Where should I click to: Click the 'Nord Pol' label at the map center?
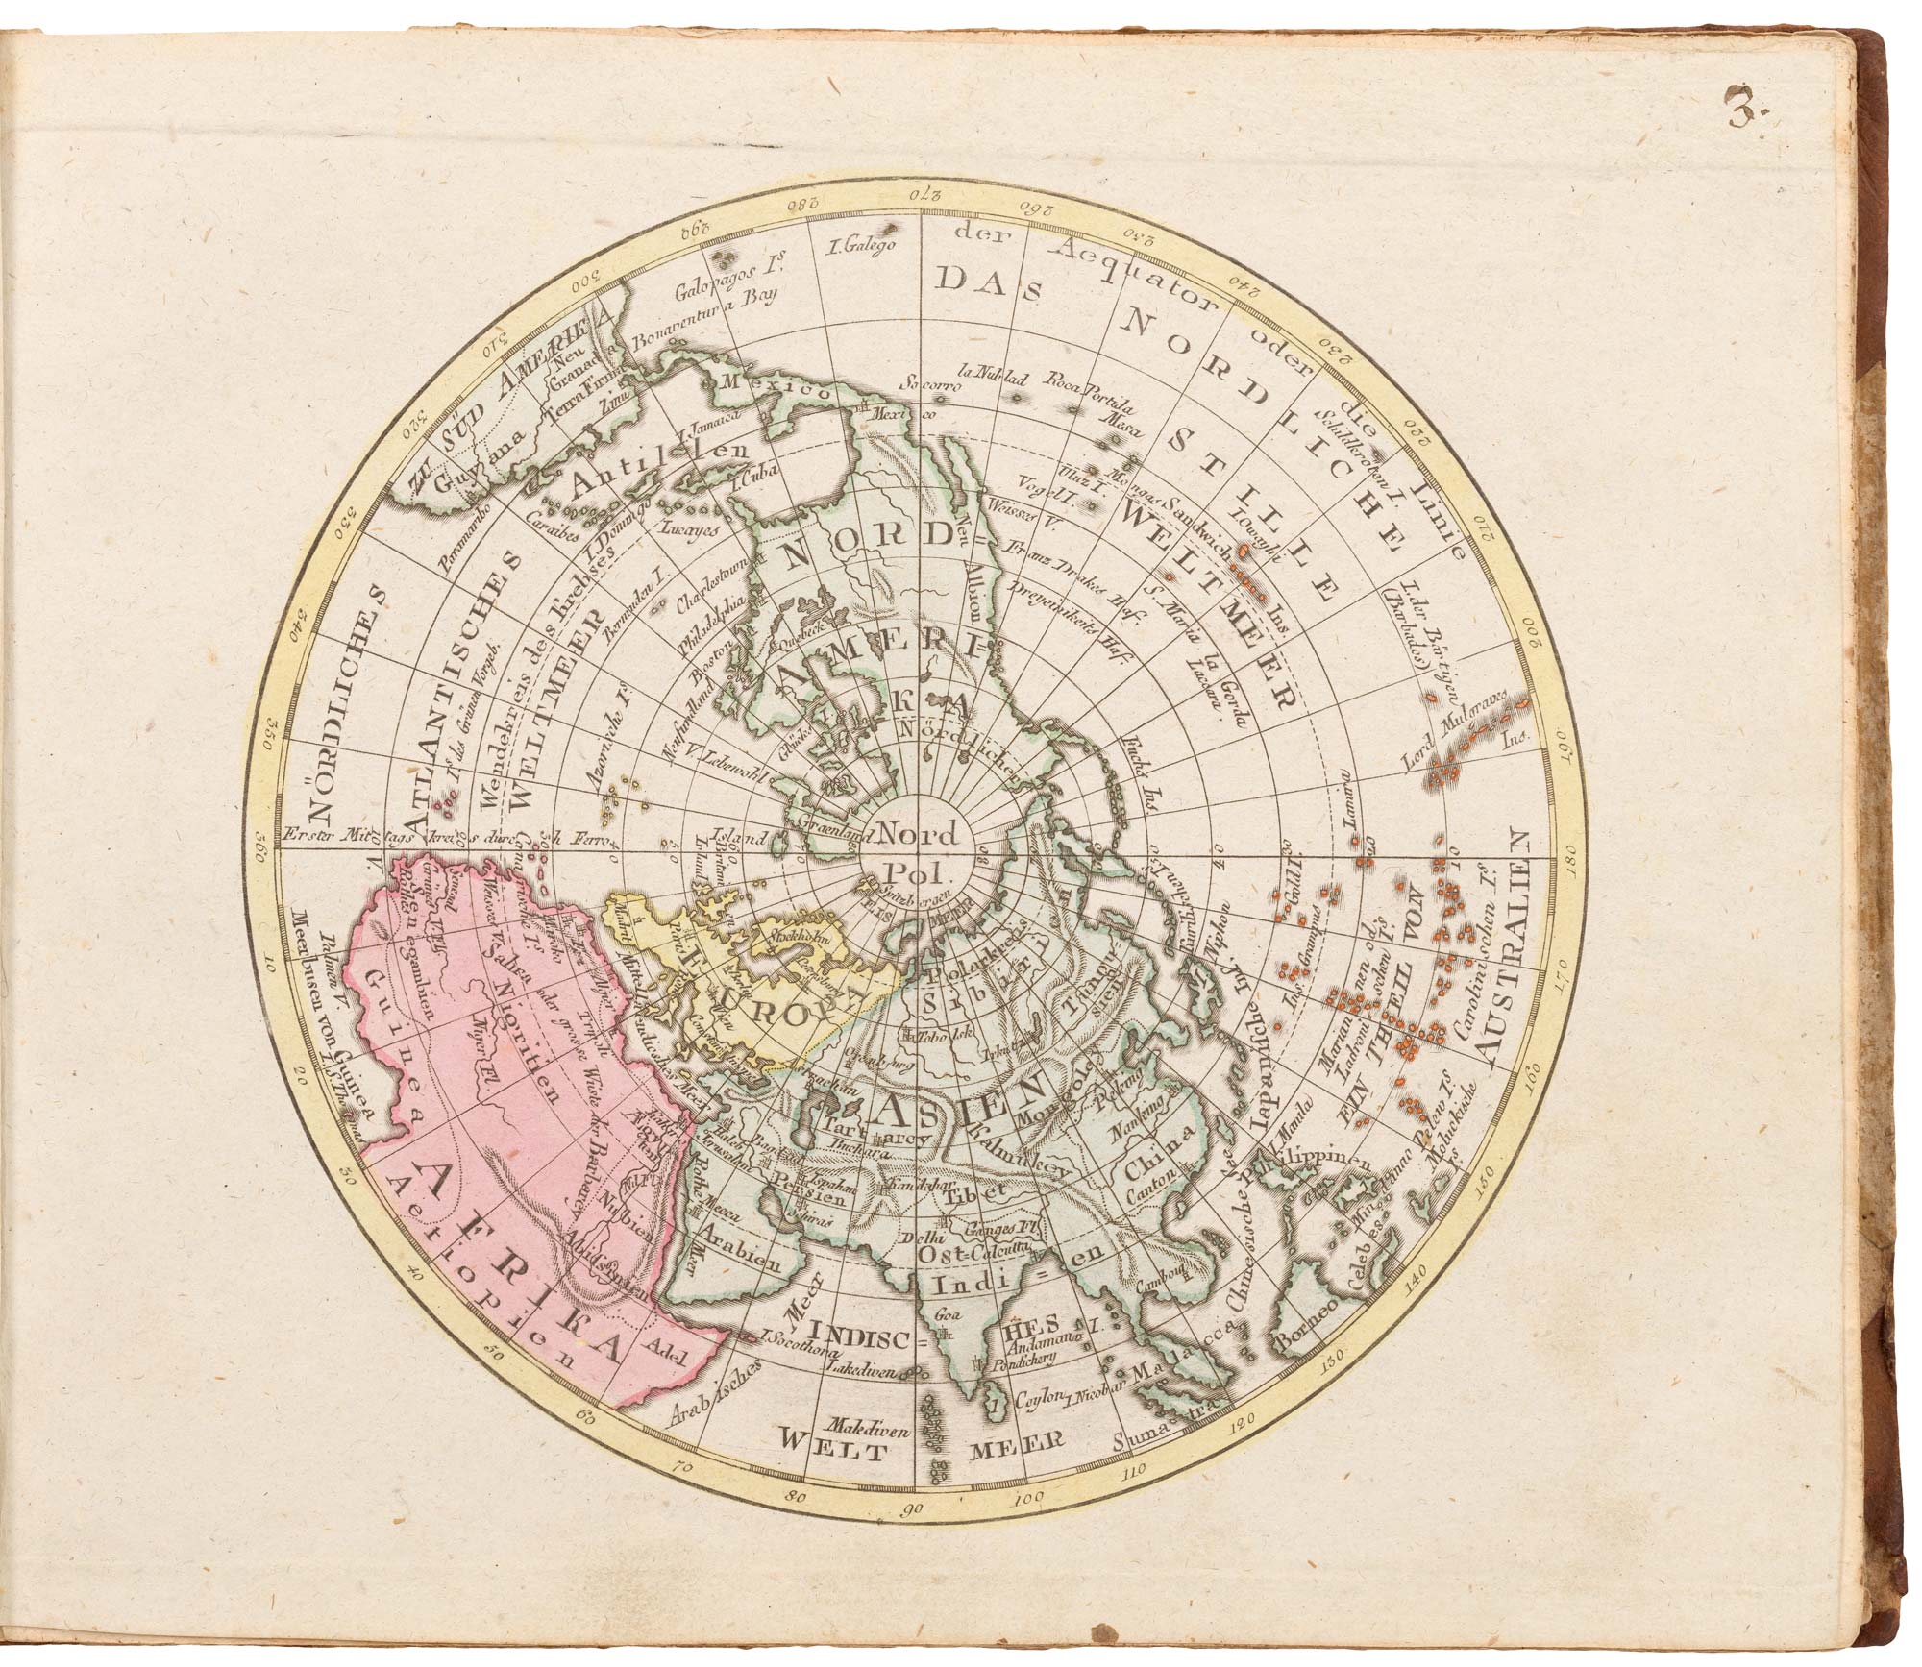918,851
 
